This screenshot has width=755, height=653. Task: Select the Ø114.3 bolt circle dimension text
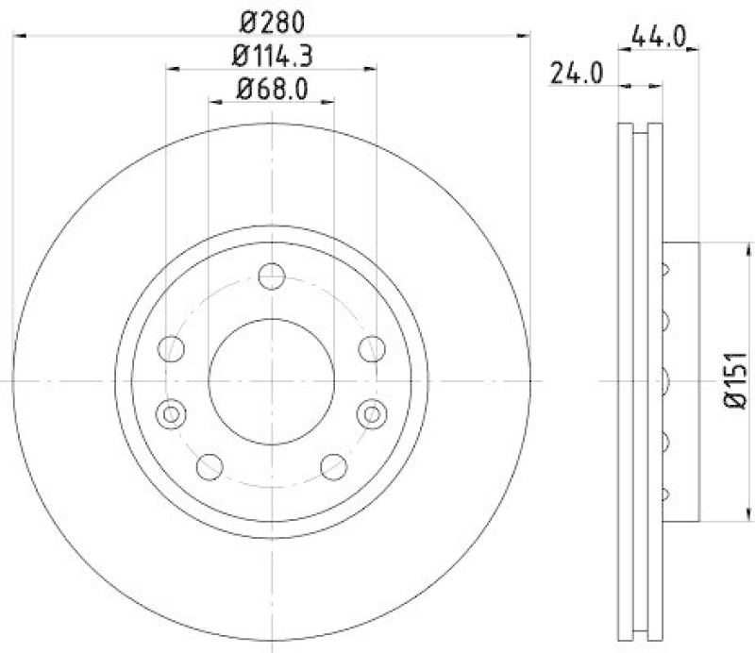(273, 56)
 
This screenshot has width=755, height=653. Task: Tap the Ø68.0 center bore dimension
(273, 91)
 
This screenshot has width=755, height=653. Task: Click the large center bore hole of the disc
(272, 380)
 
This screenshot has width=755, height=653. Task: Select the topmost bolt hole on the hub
(272, 277)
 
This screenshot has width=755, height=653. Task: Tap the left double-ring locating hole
(171, 412)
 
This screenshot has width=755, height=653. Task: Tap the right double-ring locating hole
(373, 412)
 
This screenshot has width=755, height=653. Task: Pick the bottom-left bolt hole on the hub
(210, 465)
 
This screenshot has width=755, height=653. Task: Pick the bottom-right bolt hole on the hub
(333, 465)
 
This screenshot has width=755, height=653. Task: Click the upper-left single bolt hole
(171, 349)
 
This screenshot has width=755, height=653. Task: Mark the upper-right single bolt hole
(372, 349)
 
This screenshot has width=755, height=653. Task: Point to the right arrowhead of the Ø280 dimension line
(525, 35)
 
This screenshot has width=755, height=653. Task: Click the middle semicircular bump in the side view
(665, 380)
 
